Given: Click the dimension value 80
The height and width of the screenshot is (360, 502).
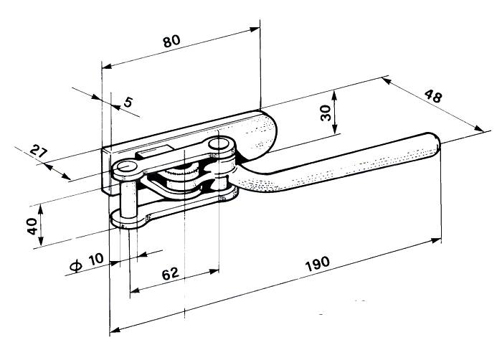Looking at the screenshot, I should pyautogui.click(x=171, y=41).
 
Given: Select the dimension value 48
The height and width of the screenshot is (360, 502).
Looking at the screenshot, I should pyautogui.click(x=432, y=97).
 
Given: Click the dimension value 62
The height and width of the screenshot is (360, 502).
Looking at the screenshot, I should pyautogui.click(x=170, y=274).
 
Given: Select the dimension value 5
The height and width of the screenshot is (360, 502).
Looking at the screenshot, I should pyautogui.click(x=128, y=102).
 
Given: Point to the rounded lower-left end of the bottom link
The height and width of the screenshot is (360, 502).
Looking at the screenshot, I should pyautogui.click(x=118, y=219).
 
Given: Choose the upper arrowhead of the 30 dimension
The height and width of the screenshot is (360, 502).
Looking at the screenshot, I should pyautogui.click(x=334, y=93).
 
